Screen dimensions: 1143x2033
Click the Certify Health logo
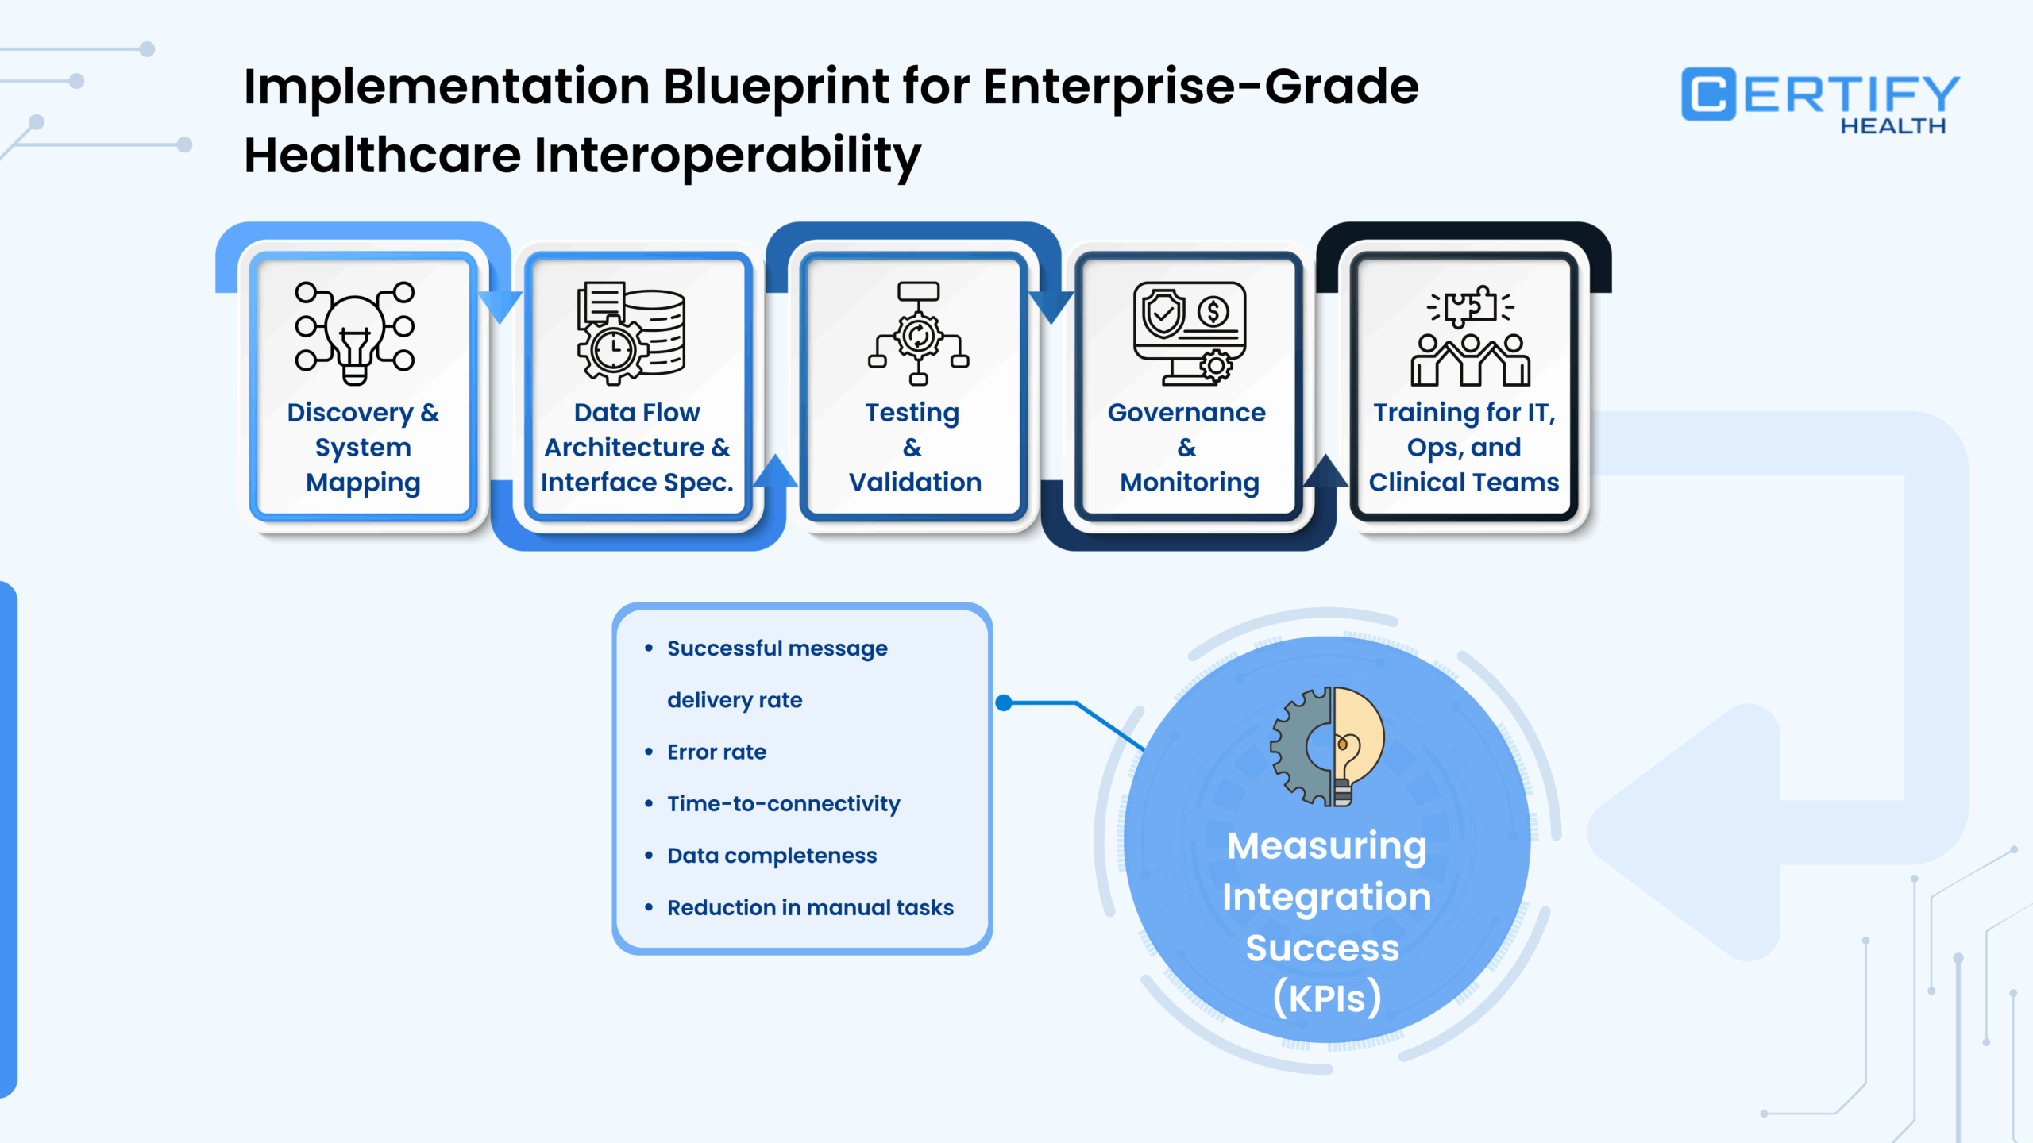[1819, 97]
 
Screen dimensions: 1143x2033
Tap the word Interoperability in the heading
[727, 156]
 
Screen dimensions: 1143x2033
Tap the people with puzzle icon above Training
[1470, 337]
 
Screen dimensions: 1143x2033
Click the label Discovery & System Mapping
[363, 448]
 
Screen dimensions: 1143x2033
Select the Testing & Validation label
[914, 448]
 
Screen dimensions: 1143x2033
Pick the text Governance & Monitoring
[1188, 448]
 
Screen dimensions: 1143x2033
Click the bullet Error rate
[716, 752]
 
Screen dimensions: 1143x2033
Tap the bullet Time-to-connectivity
[783, 804]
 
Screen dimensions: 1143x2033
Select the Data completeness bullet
[772, 856]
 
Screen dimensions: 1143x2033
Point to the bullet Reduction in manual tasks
[810, 907]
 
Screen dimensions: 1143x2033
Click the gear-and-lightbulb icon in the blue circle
[1327, 747]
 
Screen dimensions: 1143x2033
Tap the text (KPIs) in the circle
[1327, 999]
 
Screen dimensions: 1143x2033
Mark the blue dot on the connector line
[1004, 702]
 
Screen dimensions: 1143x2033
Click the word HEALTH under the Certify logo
[1893, 126]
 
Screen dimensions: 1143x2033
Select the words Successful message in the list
[777, 648]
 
